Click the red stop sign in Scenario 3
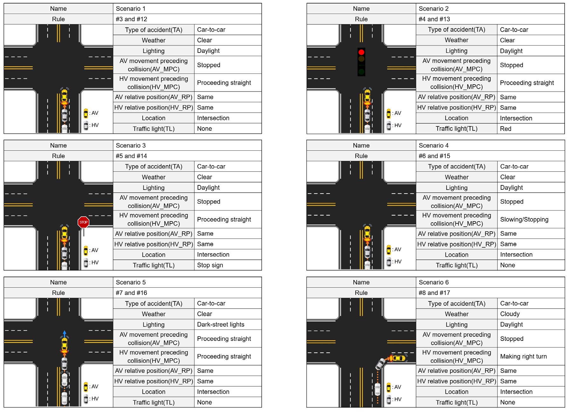[x=83, y=222]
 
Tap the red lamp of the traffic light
[x=361, y=52]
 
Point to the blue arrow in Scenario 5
[x=65, y=334]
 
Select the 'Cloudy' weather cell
[x=531, y=314]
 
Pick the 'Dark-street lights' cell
[x=228, y=324]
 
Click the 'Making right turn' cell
[x=531, y=356]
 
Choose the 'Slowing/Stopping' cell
[x=531, y=219]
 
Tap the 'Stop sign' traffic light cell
[x=228, y=265]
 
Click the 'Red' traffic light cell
[x=531, y=128]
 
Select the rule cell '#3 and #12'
[x=187, y=19]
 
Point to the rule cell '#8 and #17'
[x=490, y=293]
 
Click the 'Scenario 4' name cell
[x=490, y=145]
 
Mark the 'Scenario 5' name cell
[x=187, y=282]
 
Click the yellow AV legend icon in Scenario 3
[x=86, y=251]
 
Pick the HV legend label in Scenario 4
[x=397, y=262]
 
